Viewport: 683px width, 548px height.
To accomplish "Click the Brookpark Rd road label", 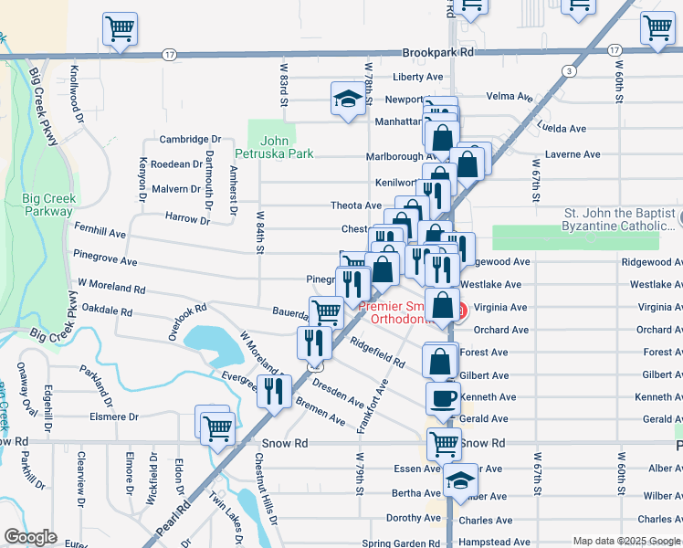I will (441, 53).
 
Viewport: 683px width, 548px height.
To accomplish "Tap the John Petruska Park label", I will (287, 147).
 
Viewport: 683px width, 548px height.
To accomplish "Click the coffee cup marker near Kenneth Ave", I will (444, 399).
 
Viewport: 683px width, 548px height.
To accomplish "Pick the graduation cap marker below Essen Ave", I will (461, 480).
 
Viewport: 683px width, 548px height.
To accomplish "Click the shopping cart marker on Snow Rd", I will (444, 444).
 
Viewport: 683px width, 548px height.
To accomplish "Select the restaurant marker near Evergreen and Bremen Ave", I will (274, 391).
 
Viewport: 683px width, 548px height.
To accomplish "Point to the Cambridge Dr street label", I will (190, 140).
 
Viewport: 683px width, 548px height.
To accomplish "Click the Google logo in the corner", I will (30, 537).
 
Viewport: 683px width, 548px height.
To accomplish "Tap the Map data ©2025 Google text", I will (626, 541).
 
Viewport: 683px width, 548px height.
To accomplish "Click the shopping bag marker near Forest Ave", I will (440, 361).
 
